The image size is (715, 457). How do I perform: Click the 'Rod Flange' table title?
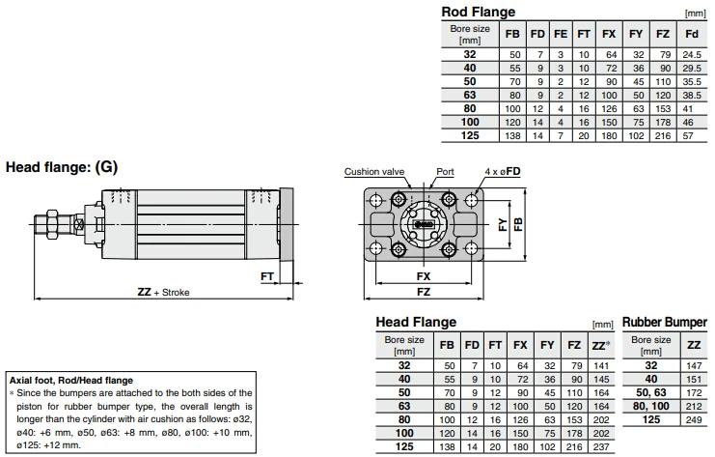(x=478, y=12)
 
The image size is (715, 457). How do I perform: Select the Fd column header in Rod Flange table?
(x=691, y=34)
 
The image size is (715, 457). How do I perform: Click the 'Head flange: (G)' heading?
(x=62, y=166)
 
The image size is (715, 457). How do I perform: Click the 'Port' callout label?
(x=445, y=172)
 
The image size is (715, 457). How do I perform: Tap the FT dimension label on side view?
(x=267, y=276)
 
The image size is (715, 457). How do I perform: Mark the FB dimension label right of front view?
(x=519, y=223)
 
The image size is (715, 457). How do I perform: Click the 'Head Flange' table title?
(x=415, y=322)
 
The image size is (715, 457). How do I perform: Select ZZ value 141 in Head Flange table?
(x=599, y=366)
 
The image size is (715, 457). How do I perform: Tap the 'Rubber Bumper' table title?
(x=664, y=322)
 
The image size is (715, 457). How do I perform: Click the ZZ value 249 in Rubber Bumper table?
(x=691, y=420)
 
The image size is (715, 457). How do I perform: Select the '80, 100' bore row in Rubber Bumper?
(x=650, y=407)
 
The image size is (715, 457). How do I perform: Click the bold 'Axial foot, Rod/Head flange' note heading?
(x=71, y=381)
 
